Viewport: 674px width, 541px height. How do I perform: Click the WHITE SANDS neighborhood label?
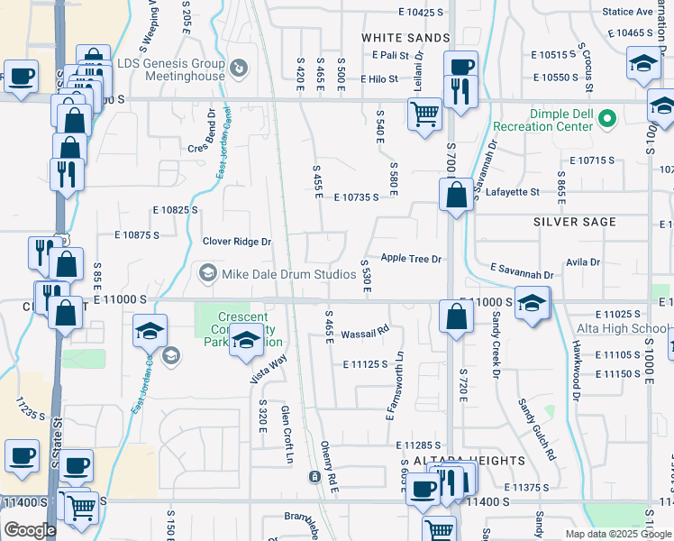click(405, 38)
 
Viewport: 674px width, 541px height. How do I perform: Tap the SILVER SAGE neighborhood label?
click(574, 222)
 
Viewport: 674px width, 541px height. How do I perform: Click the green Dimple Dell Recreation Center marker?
click(607, 118)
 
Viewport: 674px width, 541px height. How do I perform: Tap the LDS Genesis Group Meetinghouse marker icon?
click(239, 67)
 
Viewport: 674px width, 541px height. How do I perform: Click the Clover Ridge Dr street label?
click(237, 242)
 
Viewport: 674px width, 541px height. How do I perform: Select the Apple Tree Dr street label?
click(411, 259)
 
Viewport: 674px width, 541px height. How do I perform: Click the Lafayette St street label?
click(511, 192)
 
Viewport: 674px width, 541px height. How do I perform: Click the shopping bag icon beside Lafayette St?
click(458, 194)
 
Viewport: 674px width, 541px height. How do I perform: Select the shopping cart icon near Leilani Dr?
click(424, 115)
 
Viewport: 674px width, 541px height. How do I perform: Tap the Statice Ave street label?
click(627, 12)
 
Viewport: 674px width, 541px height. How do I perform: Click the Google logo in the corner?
click(30, 530)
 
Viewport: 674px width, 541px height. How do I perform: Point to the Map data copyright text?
click(618, 534)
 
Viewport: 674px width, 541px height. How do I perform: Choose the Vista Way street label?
click(269, 370)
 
